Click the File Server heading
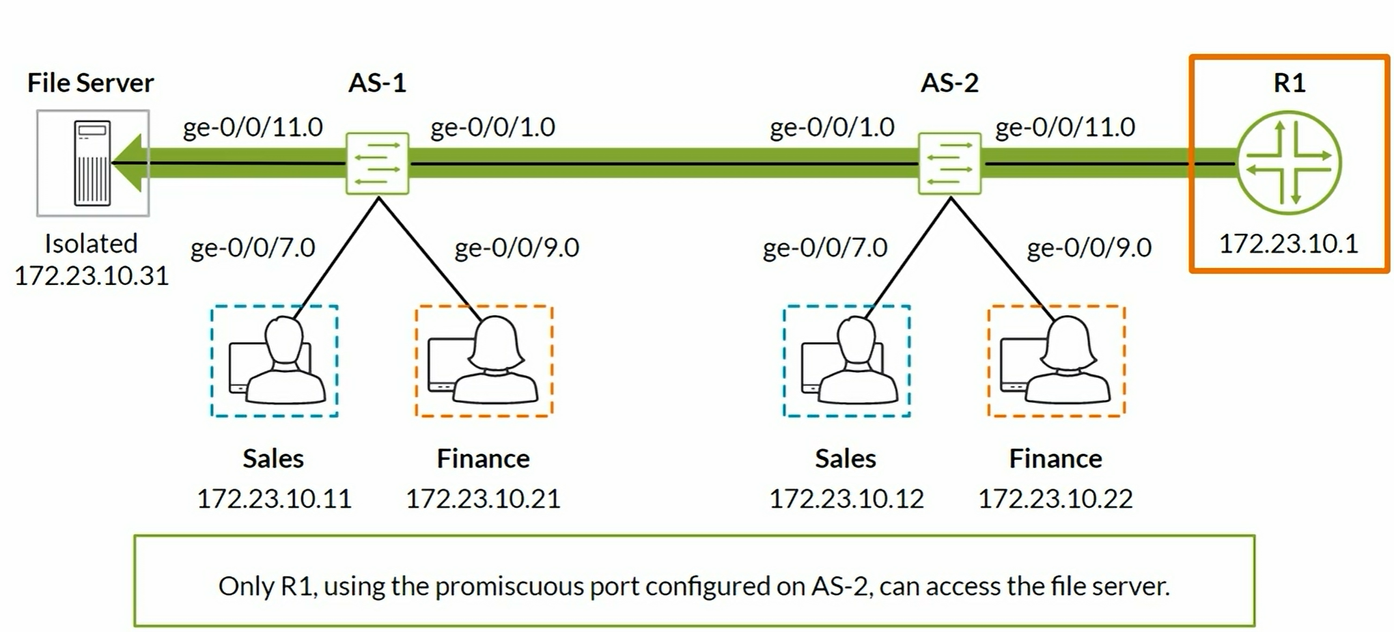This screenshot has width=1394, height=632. tap(90, 83)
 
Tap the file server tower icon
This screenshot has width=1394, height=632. tap(92, 163)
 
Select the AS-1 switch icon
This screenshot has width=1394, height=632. tap(377, 163)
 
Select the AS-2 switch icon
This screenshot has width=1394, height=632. tap(949, 163)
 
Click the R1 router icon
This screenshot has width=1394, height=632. tap(1289, 163)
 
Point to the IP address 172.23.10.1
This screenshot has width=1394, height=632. tap(1289, 244)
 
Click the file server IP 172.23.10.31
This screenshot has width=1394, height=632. tap(92, 276)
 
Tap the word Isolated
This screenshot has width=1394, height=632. tap(91, 244)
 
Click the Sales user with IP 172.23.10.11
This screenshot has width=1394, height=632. tap(275, 361)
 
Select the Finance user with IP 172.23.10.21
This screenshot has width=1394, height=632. tap(484, 361)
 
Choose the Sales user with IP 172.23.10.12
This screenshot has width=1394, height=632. tap(847, 361)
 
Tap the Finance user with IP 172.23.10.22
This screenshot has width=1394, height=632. tap(1056, 361)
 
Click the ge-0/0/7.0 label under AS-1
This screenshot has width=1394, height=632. tap(253, 247)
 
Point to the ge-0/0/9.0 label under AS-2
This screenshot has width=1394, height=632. tap(1089, 247)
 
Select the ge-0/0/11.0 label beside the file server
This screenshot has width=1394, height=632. tap(253, 127)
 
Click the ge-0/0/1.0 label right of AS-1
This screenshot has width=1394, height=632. tap(492, 127)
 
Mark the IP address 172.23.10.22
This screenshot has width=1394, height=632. tap(1055, 499)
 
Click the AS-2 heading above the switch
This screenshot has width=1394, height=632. tap(949, 83)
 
